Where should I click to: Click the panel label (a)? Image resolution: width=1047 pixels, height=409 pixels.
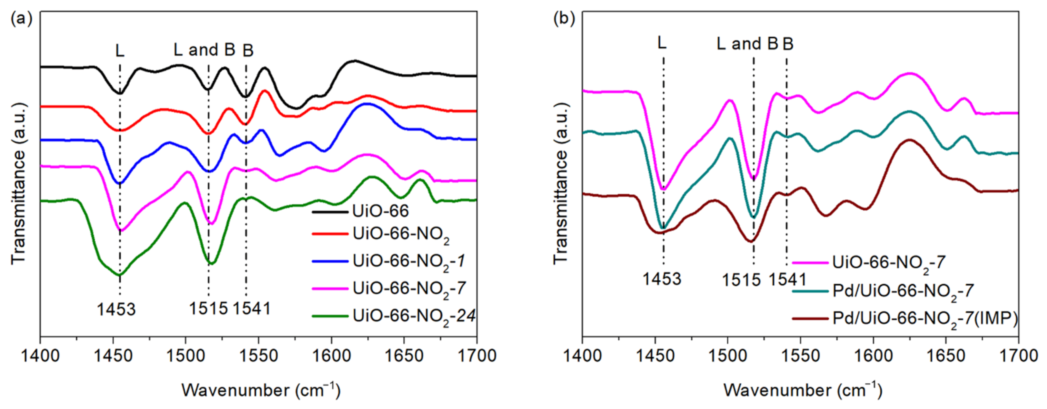tap(21, 19)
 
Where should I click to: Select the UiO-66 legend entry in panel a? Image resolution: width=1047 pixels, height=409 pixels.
tap(380, 211)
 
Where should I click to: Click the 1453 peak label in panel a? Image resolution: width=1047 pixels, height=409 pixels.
tap(116, 310)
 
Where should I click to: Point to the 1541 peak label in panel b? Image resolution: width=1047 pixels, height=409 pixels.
tap(787, 280)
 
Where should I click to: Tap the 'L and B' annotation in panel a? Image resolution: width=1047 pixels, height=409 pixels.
tap(205, 50)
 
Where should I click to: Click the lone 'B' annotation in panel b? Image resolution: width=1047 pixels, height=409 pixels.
tap(788, 44)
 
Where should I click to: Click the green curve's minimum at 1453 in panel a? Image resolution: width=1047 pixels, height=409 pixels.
tap(119, 276)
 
